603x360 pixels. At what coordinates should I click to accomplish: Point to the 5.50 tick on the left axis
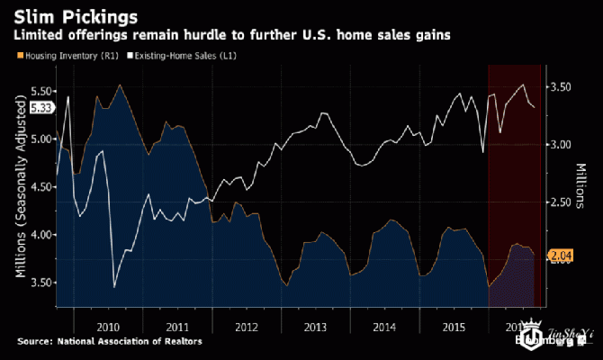tap(42, 92)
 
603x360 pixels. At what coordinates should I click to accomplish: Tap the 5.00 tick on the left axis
tap(42, 139)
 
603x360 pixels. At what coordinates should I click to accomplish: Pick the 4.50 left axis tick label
tap(42, 187)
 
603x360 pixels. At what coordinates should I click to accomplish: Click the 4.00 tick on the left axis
tap(42, 235)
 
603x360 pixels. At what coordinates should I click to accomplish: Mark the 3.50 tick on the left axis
tap(42, 283)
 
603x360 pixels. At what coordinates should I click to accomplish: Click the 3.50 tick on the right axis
tap(561, 87)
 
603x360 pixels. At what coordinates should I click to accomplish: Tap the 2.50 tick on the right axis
tap(561, 202)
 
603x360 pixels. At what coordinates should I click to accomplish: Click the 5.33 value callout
tap(41, 108)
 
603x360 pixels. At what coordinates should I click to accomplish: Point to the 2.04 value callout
tap(561, 257)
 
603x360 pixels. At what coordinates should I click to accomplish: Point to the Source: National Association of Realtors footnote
tap(109, 341)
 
